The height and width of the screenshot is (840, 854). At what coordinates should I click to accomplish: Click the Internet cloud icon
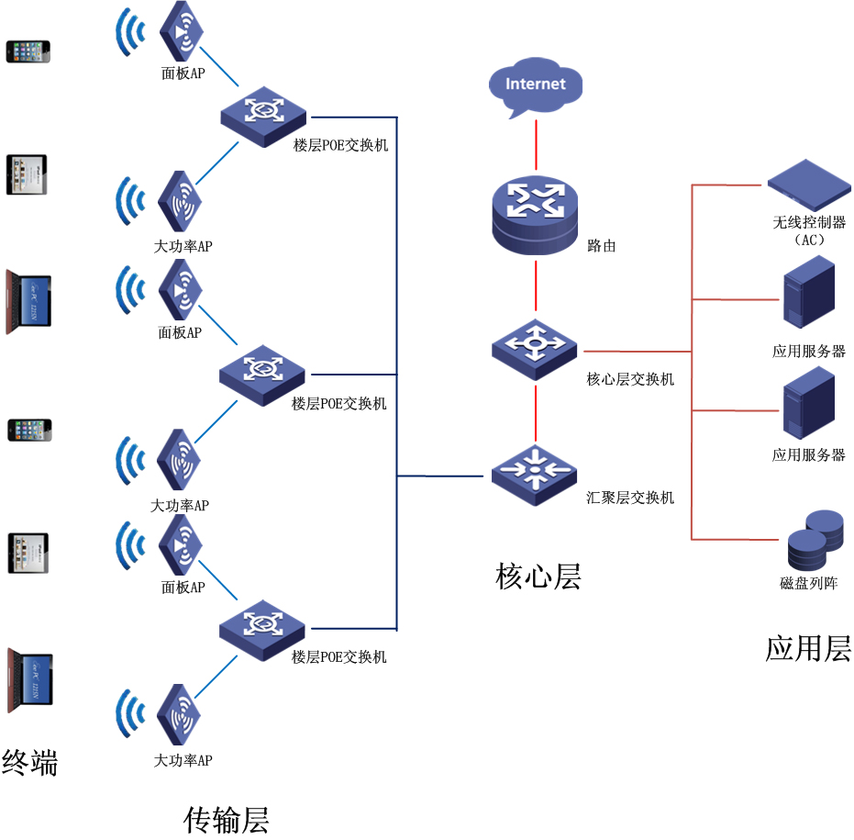536,86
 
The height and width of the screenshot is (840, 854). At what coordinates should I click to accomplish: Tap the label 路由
601,246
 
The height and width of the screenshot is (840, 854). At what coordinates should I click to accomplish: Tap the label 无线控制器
808,222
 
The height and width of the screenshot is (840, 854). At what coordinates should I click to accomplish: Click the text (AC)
808,240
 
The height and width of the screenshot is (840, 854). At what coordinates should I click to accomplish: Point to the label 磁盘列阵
808,583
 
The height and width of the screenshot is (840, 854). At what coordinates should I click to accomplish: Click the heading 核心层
538,576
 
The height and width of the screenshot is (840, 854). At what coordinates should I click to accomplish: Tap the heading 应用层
808,648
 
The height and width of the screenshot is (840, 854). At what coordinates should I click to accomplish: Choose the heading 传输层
227,819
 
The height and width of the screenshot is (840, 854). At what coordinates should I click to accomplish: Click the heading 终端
29,762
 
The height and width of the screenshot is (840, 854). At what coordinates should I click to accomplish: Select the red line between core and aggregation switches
536,413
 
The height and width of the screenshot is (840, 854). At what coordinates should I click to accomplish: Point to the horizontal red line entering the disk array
734,539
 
